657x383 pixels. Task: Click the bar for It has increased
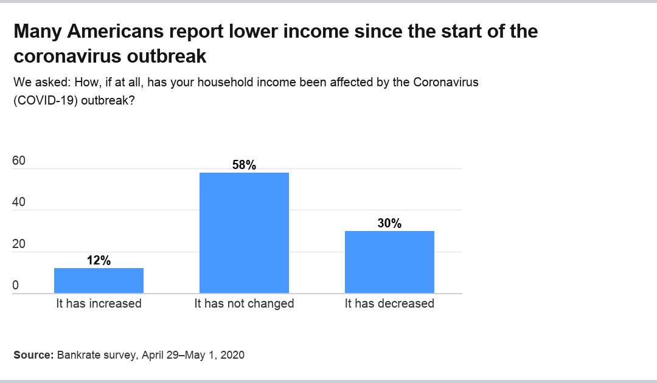tap(99, 281)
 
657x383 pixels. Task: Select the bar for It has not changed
tap(244, 233)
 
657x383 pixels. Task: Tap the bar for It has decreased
tap(389, 262)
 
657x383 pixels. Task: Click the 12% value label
tap(99, 260)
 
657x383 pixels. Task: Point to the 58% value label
tap(244, 165)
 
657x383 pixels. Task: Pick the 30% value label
tap(389, 223)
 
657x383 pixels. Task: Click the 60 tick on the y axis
tap(19, 161)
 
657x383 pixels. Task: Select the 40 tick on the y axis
tap(19, 202)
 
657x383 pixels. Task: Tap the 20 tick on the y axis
tap(19, 244)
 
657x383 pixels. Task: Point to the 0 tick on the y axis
tap(16, 286)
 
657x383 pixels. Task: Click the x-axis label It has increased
tap(99, 303)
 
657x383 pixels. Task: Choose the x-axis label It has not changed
tap(244, 303)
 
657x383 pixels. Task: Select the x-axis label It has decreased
tap(389, 303)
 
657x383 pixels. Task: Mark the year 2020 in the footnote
tap(232, 355)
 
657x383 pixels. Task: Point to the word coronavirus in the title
tap(68, 56)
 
